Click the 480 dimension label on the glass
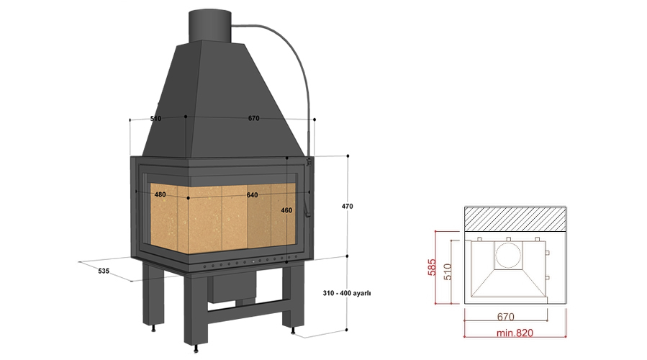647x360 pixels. click(x=160, y=194)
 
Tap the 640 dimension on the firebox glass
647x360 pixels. click(x=252, y=195)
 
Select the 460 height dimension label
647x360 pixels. click(x=286, y=210)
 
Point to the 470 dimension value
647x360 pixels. click(x=347, y=206)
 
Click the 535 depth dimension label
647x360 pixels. click(x=104, y=271)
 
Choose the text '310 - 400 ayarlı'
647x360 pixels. click(x=347, y=293)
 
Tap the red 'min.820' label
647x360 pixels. click(x=515, y=333)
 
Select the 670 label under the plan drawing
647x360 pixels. click(x=505, y=317)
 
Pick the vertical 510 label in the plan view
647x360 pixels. click(x=448, y=272)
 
